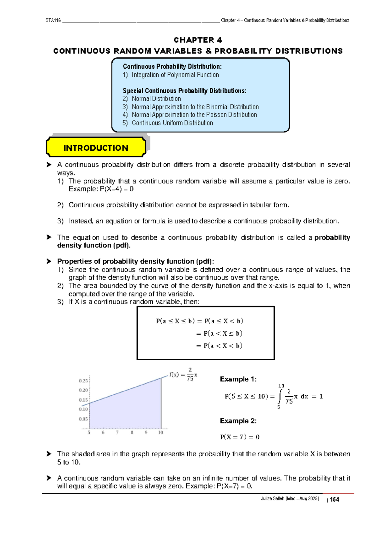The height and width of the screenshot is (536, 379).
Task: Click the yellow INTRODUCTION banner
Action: (96, 148)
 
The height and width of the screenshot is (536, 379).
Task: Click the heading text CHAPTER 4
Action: (198, 40)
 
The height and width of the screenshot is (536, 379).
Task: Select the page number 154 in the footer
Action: (334, 499)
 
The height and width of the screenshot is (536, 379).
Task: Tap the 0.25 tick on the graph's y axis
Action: (83, 381)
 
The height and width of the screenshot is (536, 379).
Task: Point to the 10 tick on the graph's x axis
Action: (160, 432)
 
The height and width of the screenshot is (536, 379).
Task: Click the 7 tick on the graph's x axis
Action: (117, 432)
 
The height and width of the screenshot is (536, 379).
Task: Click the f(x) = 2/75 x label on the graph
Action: (183, 375)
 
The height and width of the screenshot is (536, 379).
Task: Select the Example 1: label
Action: (238, 379)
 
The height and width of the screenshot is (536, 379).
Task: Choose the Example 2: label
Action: (238, 421)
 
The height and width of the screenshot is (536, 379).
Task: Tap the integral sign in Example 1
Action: (279, 397)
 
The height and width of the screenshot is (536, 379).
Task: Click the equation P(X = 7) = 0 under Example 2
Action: (240, 437)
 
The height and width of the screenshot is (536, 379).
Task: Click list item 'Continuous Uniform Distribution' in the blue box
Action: (172, 123)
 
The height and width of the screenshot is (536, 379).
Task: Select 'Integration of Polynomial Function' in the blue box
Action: (175, 75)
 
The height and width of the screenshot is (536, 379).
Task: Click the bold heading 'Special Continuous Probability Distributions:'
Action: (184, 91)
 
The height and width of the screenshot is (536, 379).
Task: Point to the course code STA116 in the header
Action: (53, 20)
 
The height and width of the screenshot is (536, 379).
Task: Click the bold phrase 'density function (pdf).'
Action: (94, 246)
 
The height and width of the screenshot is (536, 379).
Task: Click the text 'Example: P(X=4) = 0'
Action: (101, 189)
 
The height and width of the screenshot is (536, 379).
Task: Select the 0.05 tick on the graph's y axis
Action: (83, 419)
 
